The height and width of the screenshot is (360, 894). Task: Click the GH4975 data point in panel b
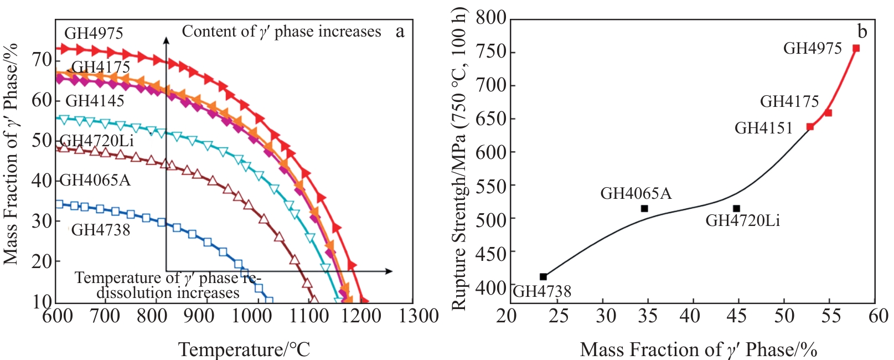(x=856, y=48)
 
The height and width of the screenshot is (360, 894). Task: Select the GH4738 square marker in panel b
(x=543, y=277)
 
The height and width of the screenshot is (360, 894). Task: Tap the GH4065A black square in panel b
(x=644, y=209)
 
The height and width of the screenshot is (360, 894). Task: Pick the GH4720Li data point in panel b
(x=736, y=209)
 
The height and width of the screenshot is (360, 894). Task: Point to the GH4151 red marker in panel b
(x=810, y=127)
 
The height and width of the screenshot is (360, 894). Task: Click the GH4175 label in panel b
(x=789, y=101)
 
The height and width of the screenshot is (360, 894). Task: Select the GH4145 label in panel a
(x=95, y=101)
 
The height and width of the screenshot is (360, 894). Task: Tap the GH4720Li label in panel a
(x=97, y=141)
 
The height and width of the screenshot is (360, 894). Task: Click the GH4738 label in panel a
(x=101, y=230)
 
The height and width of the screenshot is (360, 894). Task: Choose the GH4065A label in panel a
(x=95, y=181)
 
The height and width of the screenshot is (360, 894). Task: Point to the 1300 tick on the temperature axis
(x=419, y=316)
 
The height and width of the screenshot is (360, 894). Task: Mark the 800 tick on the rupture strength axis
(x=491, y=18)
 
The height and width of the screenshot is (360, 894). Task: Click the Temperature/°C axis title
(x=244, y=350)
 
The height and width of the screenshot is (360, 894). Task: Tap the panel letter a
(x=400, y=32)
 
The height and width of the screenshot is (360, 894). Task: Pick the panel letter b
(x=862, y=32)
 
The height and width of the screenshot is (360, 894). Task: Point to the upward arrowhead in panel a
(x=166, y=40)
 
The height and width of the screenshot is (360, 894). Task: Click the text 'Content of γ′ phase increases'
(x=281, y=32)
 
